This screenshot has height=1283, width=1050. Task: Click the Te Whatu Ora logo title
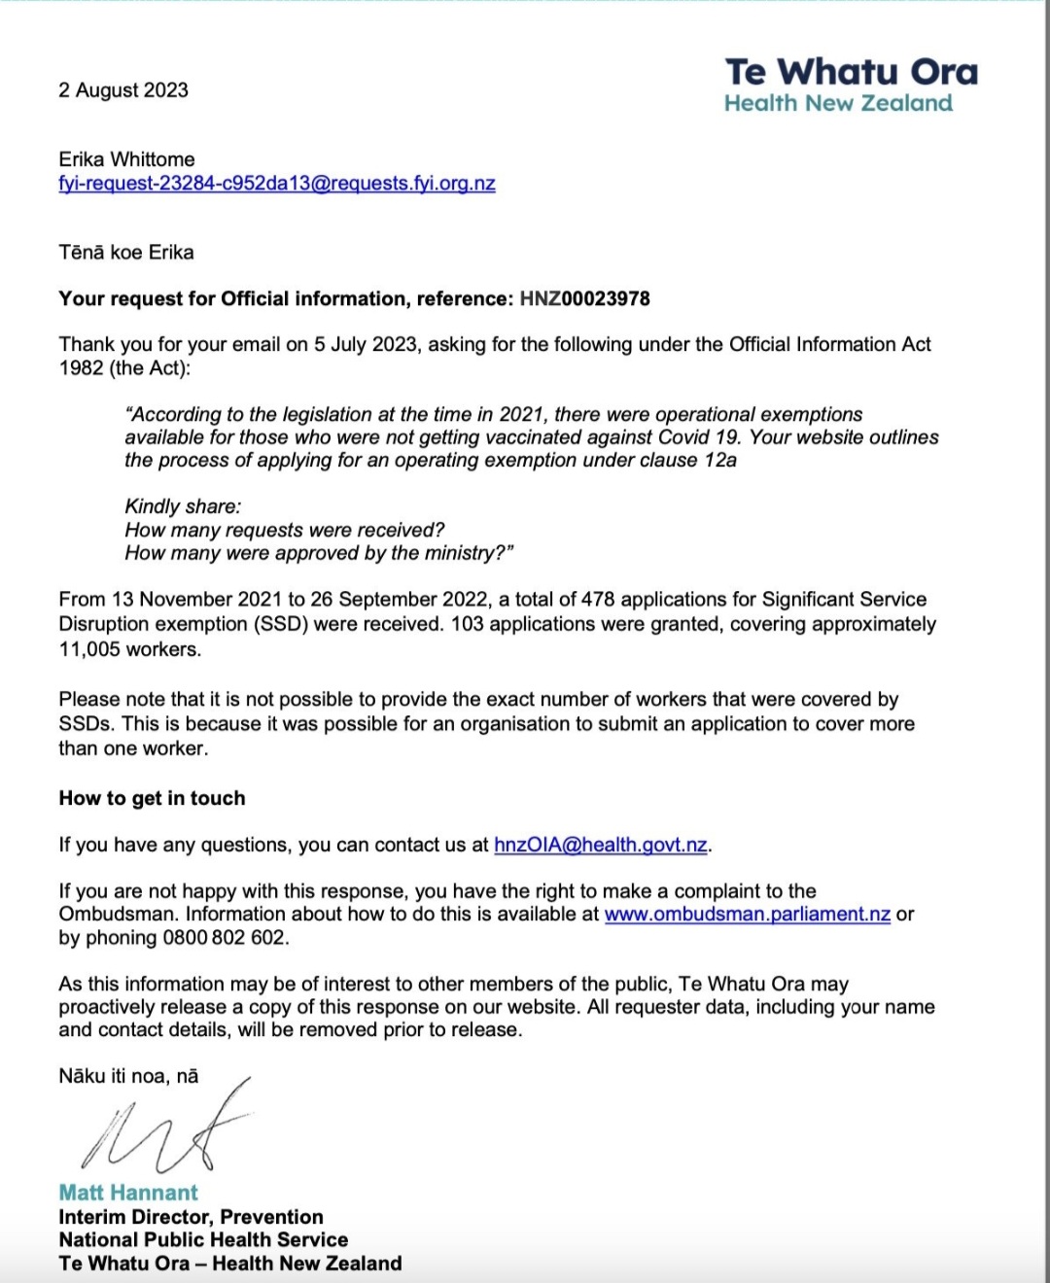851,72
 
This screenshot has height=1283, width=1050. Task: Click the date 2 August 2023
123,90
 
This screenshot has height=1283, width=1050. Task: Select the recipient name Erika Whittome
126,159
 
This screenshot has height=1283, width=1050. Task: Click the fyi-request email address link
277,184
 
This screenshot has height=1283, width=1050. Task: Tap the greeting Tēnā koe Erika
126,253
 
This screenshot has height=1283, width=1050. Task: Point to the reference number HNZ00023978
584,298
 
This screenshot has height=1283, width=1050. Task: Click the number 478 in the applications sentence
598,600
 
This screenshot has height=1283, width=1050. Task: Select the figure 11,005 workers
129,649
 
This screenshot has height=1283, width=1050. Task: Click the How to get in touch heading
152,798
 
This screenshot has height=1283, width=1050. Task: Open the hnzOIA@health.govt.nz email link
600,845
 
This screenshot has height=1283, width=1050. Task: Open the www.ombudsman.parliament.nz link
747,915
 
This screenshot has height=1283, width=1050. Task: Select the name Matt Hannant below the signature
128,1193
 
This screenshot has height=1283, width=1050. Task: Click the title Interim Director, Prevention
191,1217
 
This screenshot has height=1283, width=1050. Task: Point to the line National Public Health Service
203,1240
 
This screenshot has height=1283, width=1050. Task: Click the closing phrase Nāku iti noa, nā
128,1076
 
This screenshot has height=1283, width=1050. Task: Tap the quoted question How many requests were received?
284,530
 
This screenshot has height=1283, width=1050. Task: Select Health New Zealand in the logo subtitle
838,104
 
